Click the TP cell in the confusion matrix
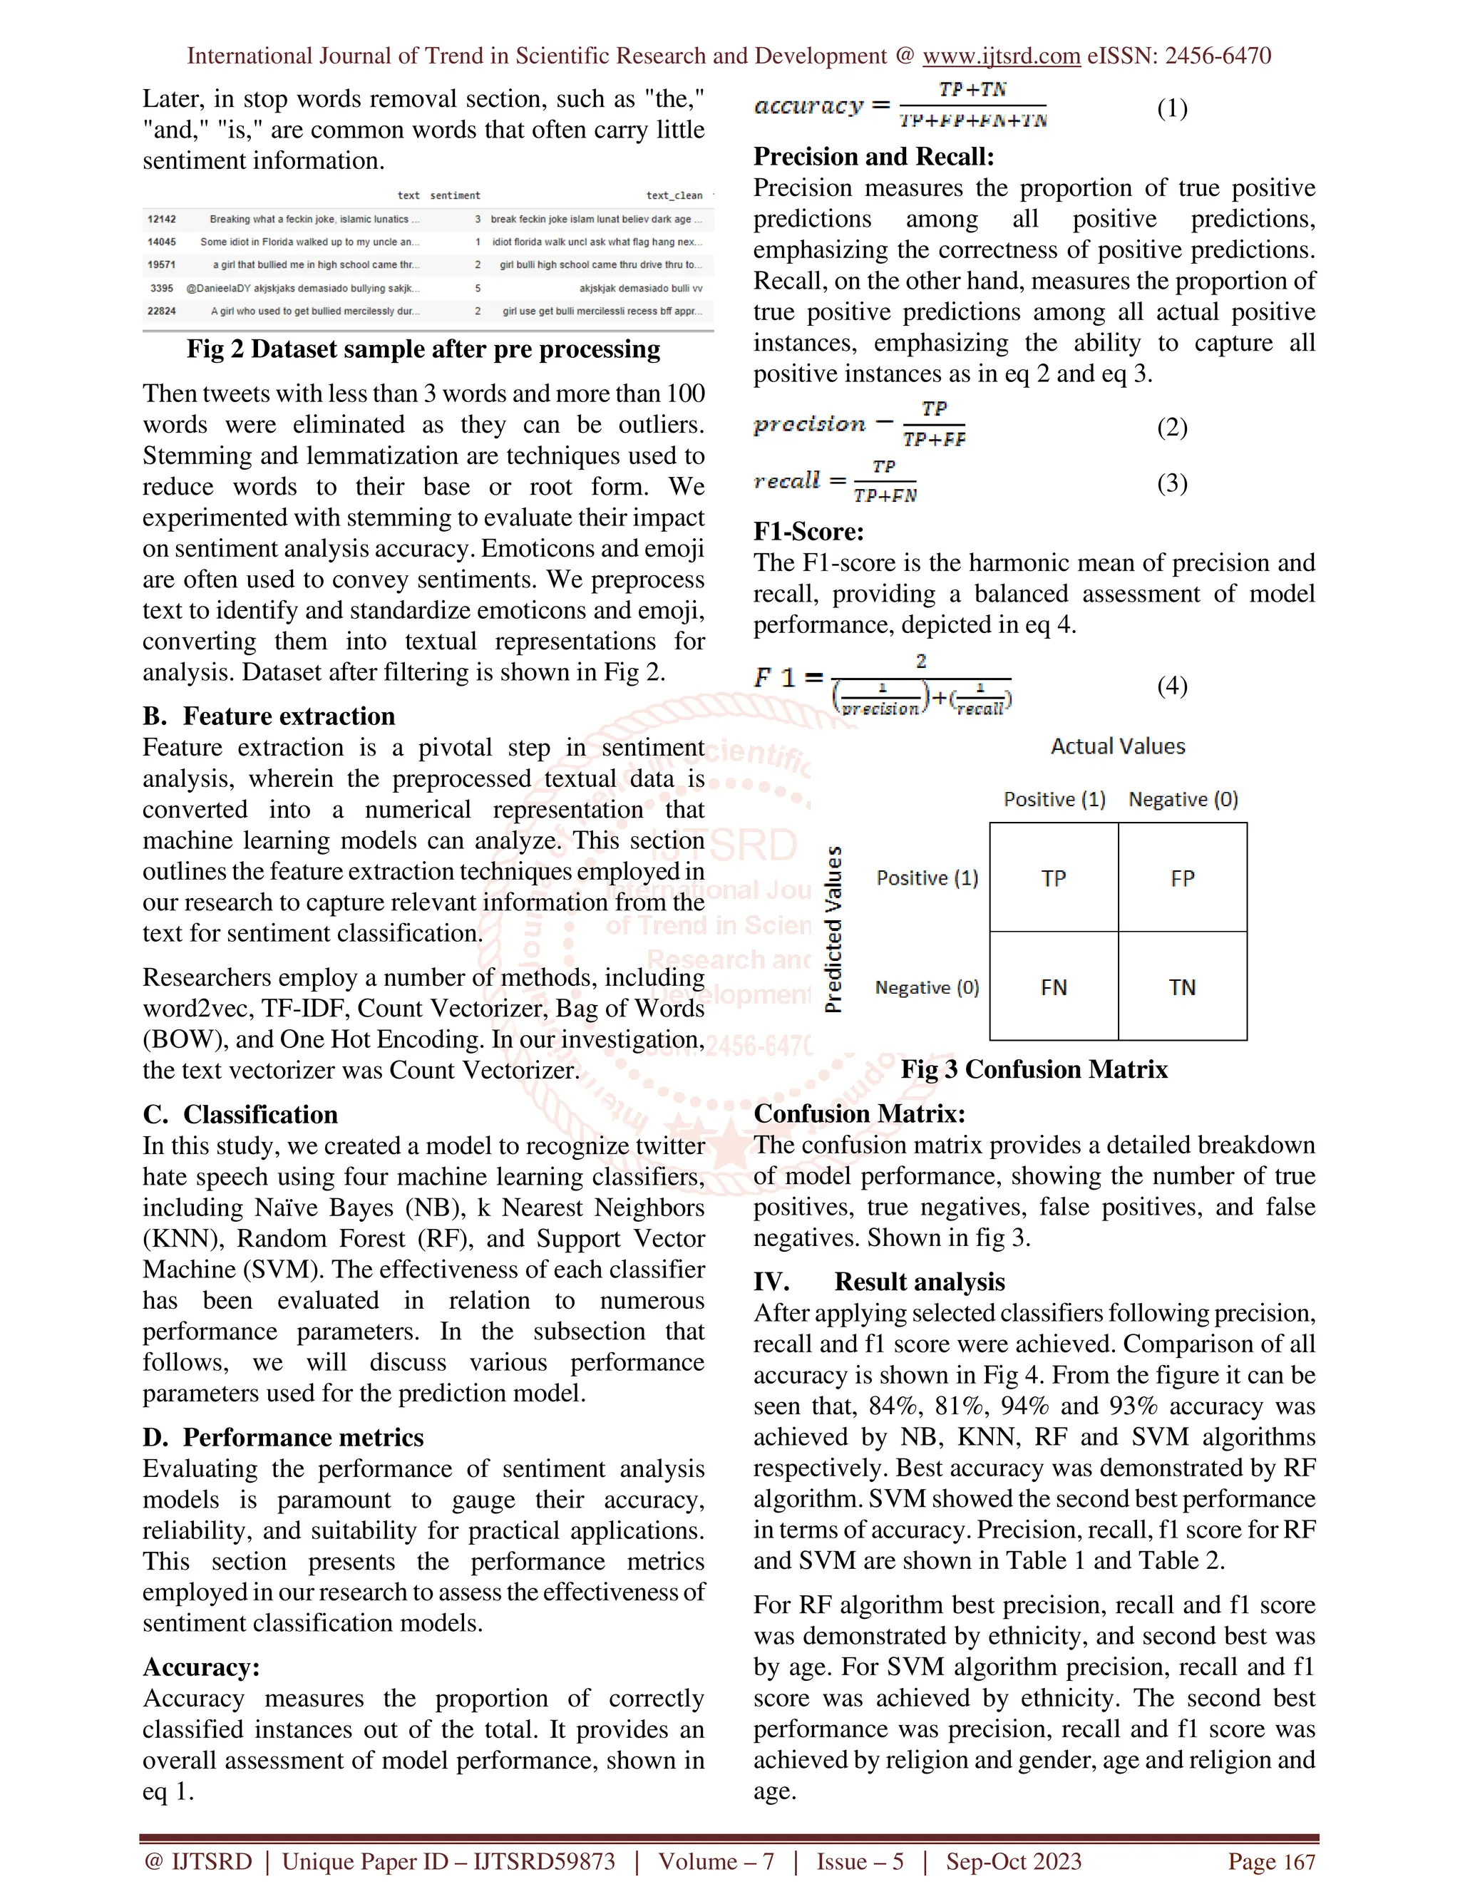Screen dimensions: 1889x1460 1054,878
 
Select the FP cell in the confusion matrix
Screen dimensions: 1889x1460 1183,878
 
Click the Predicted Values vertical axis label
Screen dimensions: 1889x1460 833,930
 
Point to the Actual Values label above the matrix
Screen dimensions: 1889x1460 1118,746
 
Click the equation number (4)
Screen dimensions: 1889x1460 1172,686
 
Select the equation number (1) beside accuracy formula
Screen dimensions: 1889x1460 1172,108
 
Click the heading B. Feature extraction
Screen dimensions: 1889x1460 269,716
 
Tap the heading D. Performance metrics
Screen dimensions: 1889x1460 284,1438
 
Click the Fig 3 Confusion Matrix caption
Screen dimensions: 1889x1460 1034,1069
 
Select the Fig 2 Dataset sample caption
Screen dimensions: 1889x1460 423,349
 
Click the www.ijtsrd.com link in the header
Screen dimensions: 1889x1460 1001,56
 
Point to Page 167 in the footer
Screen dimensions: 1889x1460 1272,1861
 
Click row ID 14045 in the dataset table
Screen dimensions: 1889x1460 162,242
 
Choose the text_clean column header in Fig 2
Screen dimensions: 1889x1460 674,195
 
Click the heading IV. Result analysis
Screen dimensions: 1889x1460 880,1281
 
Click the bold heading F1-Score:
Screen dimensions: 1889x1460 808,531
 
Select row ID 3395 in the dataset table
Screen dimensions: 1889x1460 162,288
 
